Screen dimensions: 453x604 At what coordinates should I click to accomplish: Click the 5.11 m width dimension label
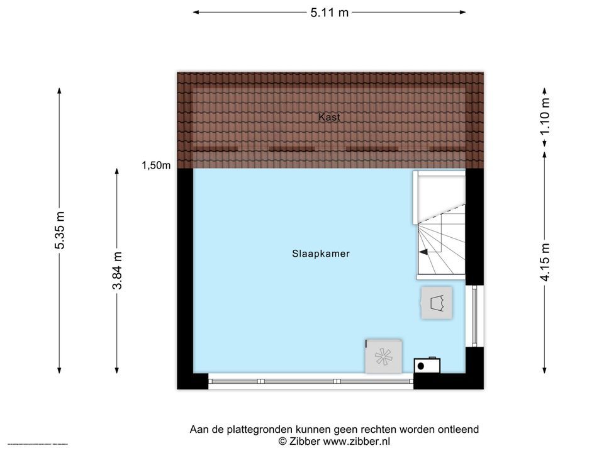coord(329,13)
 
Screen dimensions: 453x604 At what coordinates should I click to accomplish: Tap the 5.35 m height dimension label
coord(60,230)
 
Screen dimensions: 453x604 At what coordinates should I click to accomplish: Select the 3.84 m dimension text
coord(117,270)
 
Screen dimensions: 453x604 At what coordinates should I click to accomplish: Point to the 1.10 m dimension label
coord(545,116)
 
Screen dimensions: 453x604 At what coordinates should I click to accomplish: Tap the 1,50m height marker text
coord(155,165)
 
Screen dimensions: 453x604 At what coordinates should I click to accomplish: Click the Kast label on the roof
coord(329,117)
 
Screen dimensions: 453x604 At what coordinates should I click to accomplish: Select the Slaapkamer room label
coord(320,254)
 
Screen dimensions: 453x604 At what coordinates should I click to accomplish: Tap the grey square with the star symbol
coord(383,357)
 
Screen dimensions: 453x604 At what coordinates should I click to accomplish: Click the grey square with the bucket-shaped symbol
coord(437,303)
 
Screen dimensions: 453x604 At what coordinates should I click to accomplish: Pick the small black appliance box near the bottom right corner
coord(427,365)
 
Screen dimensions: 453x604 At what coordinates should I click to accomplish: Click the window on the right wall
coord(475,316)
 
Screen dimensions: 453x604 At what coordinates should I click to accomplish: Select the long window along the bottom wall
coord(310,381)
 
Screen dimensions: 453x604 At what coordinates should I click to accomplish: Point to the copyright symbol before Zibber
coord(282,442)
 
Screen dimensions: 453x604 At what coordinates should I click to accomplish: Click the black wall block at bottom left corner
coord(191,381)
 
